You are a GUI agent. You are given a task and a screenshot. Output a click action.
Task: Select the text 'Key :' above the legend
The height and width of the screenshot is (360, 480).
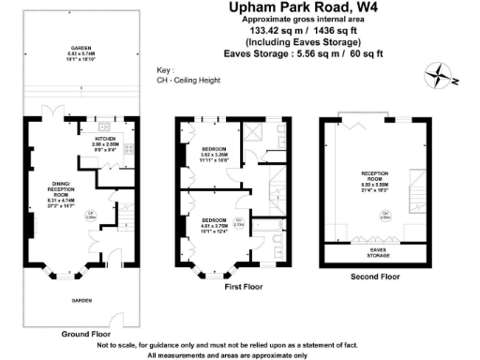point(165,71)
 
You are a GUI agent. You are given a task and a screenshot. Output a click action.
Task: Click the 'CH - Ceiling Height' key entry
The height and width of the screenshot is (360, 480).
point(185,82)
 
